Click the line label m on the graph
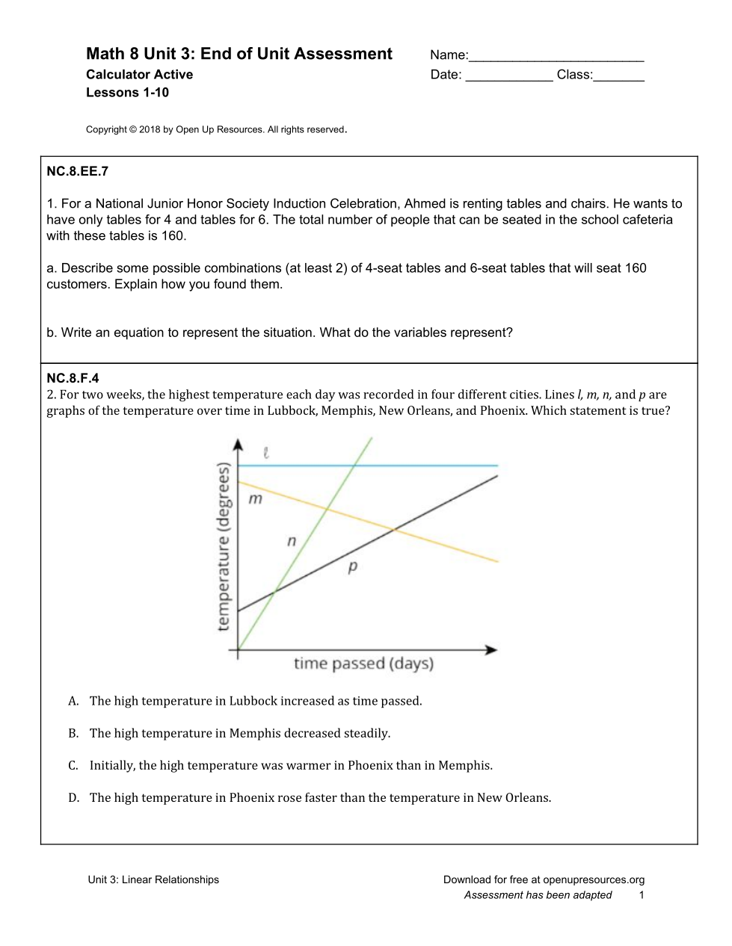pos(256,499)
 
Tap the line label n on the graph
pos(292,541)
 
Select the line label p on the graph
pos(353,566)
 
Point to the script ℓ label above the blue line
pos(265,453)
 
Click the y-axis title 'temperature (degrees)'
pos(223,547)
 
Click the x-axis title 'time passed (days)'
pos(363,664)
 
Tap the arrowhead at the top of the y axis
pos(238,445)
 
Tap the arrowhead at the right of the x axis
pos(491,650)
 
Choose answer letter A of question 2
pos(73,701)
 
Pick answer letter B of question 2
pos(73,733)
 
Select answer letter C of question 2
pos(73,765)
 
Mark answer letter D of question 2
pos(73,797)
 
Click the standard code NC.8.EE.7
pos(77,171)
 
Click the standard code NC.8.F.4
pos(73,378)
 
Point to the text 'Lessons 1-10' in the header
pos(127,93)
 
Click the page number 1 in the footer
pos(642,895)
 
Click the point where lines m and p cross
pos(394,530)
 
